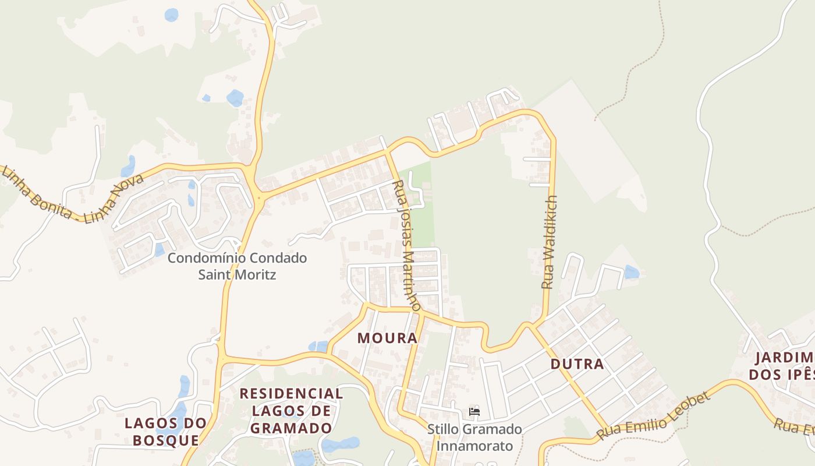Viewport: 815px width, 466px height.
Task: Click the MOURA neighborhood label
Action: tap(388, 338)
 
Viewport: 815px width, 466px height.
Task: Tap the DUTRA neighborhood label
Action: tap(577, 365)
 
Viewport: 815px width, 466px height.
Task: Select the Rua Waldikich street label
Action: tap(550, 242)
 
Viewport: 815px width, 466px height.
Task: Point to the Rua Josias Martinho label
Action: tap(407, 245)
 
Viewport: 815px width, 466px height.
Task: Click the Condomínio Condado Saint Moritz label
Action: tap(237, 266)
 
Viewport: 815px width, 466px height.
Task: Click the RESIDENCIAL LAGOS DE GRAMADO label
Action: tap(291, 411)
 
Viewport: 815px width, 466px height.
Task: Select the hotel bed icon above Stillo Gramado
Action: tap(474, 412)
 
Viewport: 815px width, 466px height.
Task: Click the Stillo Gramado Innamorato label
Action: tap(474, 438)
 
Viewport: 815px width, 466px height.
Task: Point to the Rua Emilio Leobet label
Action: tap(654, 416)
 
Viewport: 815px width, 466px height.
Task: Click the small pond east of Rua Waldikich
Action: tap(631, 272)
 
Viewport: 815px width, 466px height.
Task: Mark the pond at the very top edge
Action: tap(171, 15)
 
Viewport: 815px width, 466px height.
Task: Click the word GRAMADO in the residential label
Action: tap(292, 428)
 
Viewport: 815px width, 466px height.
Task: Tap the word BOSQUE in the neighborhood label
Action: tap(166, 440)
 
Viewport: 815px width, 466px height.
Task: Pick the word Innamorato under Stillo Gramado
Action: tap(474, 446)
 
